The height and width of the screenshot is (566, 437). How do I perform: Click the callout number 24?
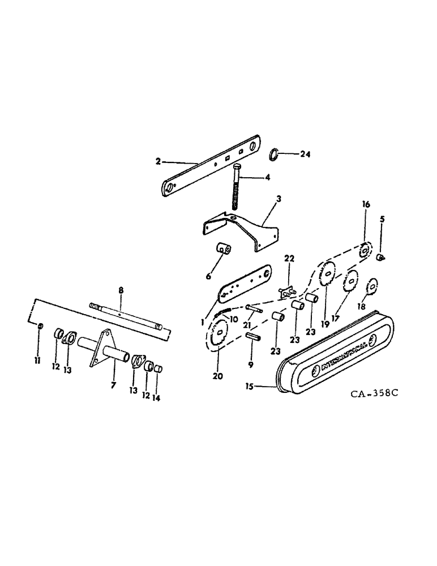[x=306, y=154]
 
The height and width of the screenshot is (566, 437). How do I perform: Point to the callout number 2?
[x=158, y=161]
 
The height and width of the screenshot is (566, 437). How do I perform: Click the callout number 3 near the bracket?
[x=279, y=200]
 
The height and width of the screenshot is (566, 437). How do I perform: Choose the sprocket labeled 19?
[x=325, y=276]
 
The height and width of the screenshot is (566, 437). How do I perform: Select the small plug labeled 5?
[x=382, y=258]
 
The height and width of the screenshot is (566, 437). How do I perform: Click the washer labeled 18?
[x=373, y=287]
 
